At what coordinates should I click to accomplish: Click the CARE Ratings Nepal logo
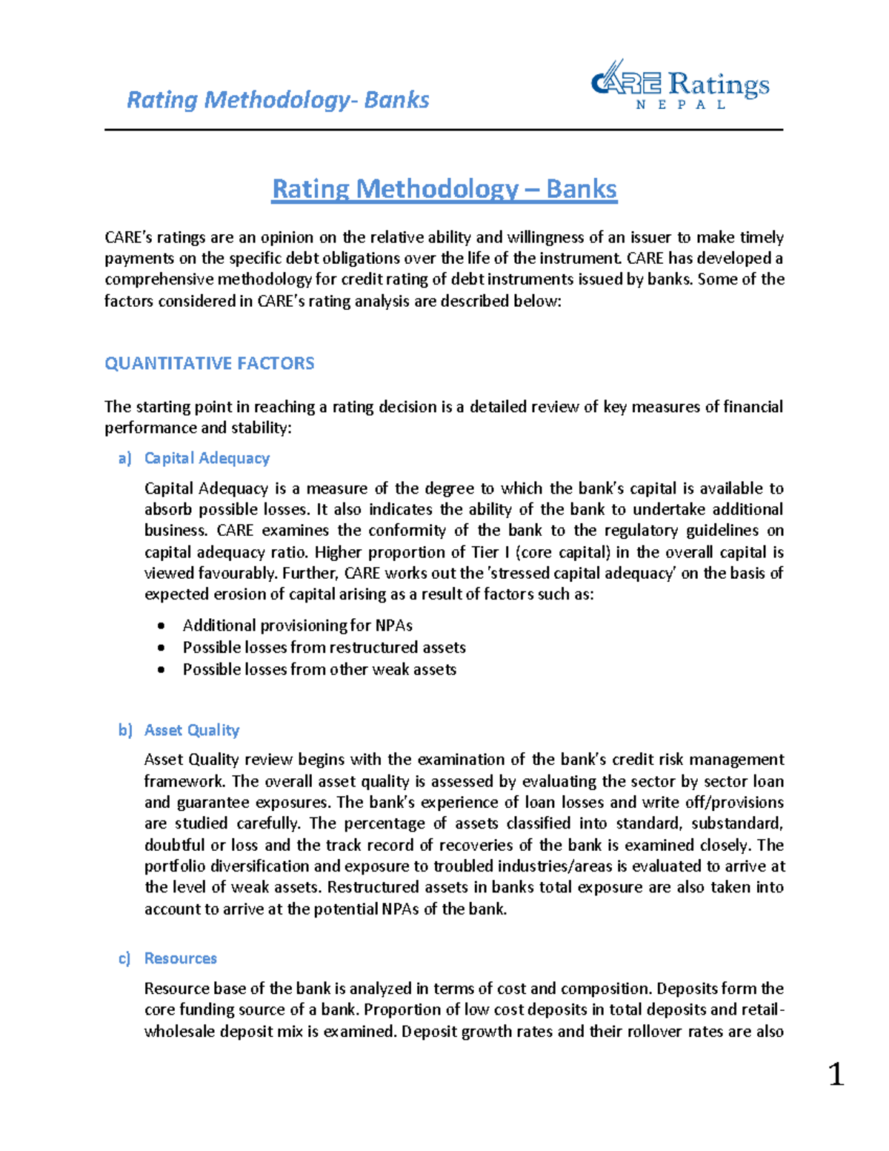[x=679, y=84]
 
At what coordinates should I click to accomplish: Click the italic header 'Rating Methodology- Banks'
[x=278, y=100]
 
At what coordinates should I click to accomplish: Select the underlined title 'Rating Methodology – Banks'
[x=444, y=189]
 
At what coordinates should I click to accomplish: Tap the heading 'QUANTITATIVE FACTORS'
[x=210, y=363]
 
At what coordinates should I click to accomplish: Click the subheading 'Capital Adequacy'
[x=207, y=458]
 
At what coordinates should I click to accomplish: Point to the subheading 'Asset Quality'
[x=192, y=730]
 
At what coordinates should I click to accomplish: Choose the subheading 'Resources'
[x=181, y=958]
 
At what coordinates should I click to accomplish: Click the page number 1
[x=836, y=1074]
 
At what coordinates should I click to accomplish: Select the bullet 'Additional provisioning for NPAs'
[x=297, y=626]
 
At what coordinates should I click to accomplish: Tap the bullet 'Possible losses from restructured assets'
[x=324, y=647]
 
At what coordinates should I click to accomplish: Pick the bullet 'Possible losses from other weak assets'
[x=319, y=669]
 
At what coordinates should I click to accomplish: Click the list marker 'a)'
[x=124, y=458]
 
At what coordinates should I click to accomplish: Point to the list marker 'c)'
[x=124, y=958]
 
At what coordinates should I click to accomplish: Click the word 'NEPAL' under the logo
[x=681, y=105]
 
